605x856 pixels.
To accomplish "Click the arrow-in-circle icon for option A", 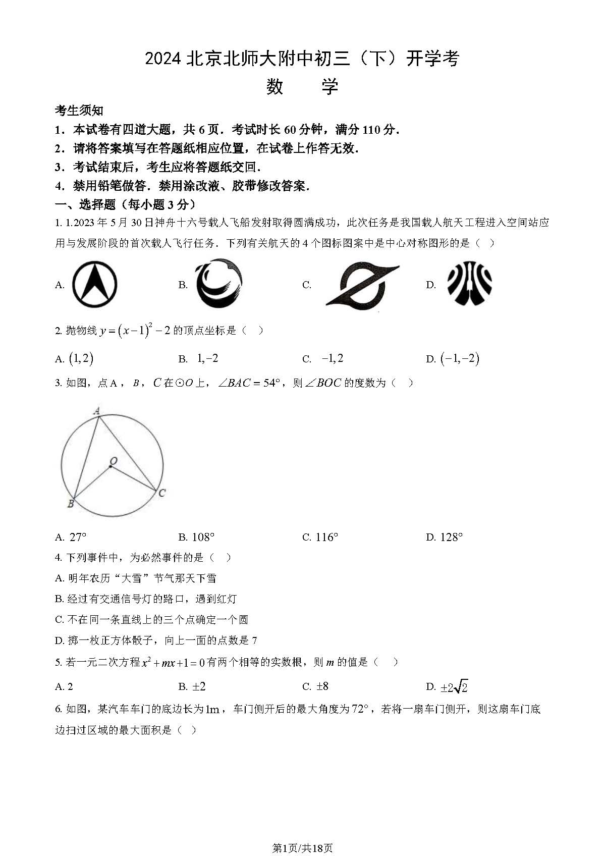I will coord(95,285).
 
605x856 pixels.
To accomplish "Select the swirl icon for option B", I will coord(218,284).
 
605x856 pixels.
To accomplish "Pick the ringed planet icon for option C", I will coord(362,285).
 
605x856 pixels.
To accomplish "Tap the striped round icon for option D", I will coord(469,284).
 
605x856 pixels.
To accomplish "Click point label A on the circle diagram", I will coord(97,411).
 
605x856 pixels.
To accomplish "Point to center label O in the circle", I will coord(114,461).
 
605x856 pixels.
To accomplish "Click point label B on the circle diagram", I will coord(71,503).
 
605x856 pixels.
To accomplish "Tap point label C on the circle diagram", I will coord(161,493).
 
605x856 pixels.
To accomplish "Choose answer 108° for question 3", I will coord(203,538).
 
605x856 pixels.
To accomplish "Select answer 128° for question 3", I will coord(451,538).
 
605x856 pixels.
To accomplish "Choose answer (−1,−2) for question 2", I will coord(459,359).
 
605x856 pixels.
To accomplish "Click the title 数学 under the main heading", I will coord(302,87).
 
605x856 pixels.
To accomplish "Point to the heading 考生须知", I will coord(79,111).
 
